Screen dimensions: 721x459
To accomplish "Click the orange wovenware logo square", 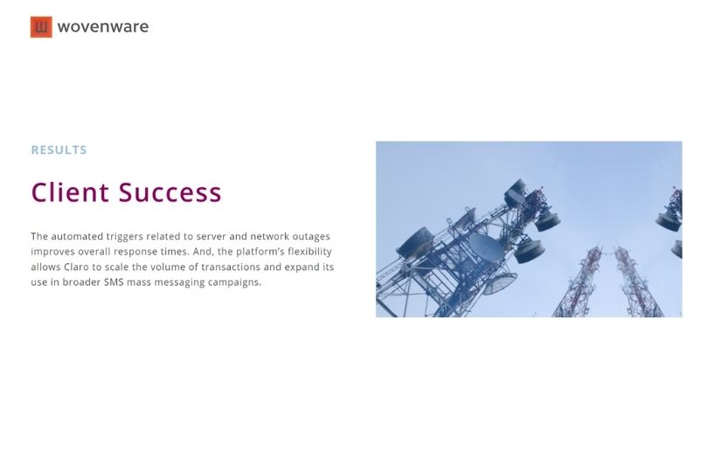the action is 41,27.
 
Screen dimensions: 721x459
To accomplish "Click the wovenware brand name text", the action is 103,27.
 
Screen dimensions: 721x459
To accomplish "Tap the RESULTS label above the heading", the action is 59,150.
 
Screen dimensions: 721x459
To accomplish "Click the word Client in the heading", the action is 70,192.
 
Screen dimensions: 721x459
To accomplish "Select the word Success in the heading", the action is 170,192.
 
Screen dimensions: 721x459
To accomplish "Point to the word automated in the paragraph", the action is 77,236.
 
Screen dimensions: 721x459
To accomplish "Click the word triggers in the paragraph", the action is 125,237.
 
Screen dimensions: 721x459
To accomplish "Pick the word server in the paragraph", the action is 211,236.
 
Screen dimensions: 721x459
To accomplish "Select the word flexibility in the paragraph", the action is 309,252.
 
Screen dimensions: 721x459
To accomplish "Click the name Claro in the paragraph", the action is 76,267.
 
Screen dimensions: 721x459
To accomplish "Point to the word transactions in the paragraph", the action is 231,267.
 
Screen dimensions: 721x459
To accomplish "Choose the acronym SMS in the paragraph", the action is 114,282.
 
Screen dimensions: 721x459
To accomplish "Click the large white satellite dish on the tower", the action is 486,247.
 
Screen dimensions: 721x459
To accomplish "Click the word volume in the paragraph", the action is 168,267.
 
